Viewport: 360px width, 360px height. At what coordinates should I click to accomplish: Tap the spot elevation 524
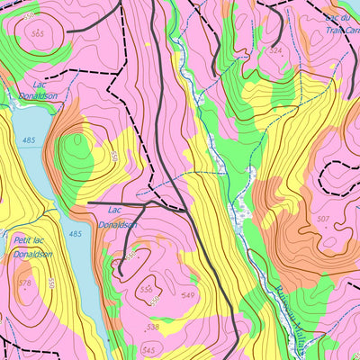[275, 50]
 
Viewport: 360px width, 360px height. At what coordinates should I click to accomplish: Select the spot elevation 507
[323, 219]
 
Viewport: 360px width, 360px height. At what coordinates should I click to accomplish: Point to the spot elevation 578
[23, 283]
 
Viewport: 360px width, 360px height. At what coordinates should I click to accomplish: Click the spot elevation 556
[146, 289]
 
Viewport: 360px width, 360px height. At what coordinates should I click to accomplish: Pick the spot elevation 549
[188, 295]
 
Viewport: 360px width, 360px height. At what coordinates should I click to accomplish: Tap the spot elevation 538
[154, 327]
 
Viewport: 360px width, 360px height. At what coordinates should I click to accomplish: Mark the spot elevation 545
[148, 349]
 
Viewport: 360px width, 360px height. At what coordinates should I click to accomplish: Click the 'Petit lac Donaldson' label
[33, 247]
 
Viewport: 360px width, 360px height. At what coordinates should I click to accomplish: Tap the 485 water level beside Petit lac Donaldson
[75, 234]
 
